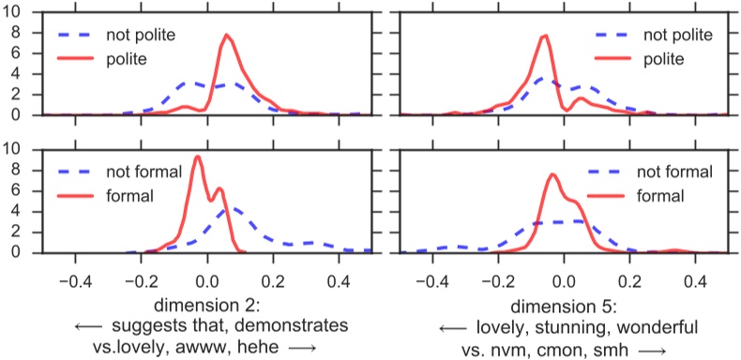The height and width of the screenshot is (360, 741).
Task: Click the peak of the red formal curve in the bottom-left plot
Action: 197,157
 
